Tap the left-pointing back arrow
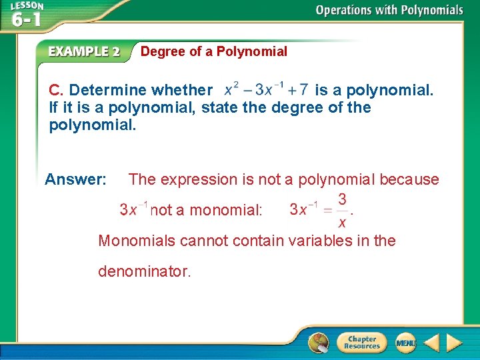431,343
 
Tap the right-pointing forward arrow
454,343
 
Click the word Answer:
75,179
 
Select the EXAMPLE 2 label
83,51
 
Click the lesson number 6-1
27,19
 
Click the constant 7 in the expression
303,89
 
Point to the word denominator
144,271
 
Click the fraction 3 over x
341,210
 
